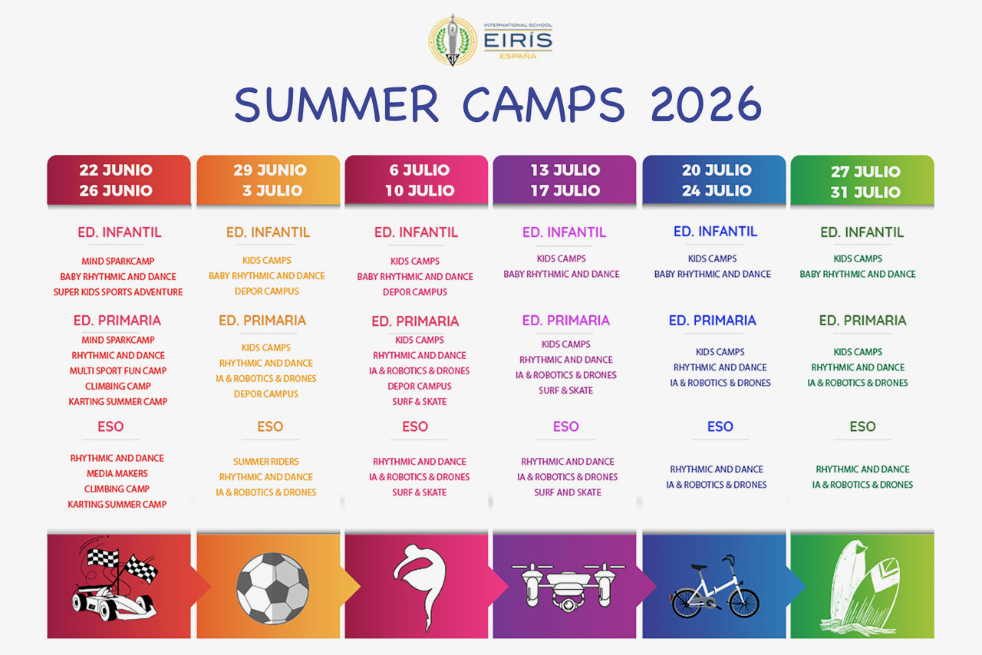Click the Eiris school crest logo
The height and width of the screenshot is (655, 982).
click(453, 41)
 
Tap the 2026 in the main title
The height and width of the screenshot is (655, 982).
click(706, 104)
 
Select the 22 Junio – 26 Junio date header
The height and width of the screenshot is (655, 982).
click(119, 179)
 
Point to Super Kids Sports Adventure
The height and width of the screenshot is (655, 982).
click(118, 292)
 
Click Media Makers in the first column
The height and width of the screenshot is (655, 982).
click(117, 473)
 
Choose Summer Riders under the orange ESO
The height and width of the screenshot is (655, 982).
click(265, 462)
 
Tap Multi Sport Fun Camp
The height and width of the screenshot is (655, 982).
click(118, 371)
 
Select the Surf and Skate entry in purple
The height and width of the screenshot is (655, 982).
click(568, 492)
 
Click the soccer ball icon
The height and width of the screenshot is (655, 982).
click(272, 588)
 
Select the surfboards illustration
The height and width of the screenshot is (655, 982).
click(860, 588)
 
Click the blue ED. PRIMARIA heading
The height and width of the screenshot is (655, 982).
click(713, 321)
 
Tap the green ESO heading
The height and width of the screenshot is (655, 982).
click(862, 426)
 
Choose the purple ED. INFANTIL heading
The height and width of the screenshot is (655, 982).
click(564, 232)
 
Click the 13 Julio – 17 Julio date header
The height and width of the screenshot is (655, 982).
click(565, 179)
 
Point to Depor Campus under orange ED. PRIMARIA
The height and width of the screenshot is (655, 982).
click(265, 394)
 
